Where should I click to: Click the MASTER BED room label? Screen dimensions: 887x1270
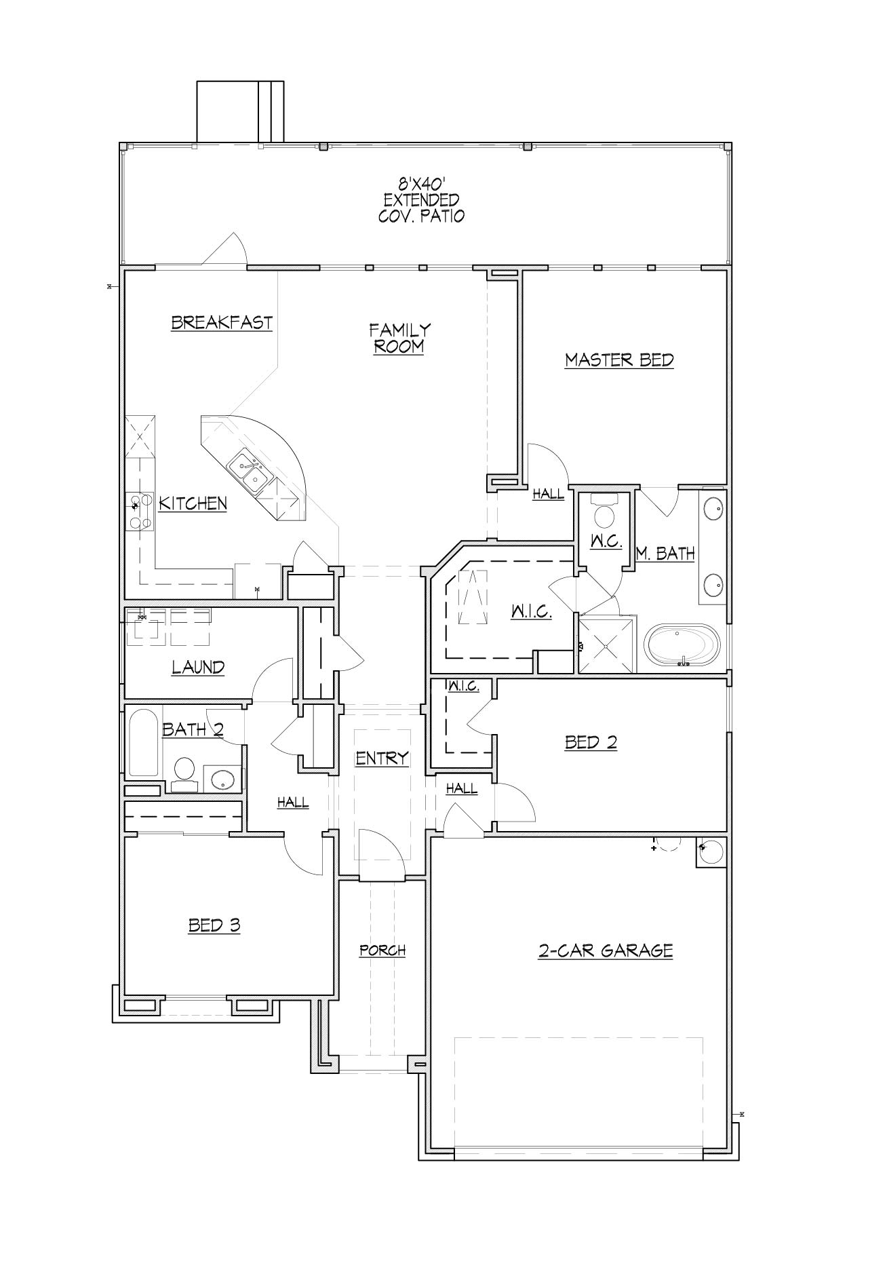(619, 360)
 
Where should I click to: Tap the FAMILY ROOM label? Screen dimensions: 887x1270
(399, 338)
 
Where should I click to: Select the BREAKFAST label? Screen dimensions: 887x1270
(222, 322)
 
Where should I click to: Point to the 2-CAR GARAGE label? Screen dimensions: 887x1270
(606, 950)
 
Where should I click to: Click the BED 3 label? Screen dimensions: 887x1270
(214, 925)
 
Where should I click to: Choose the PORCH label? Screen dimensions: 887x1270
(382, 950)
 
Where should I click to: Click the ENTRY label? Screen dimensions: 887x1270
(382, 758)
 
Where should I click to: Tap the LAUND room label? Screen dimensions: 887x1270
(198, 668)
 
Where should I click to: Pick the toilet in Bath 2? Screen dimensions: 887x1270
(184, 775)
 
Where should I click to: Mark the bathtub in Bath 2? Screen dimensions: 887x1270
(143, 742)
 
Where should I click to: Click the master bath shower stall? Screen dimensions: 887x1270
(606, 644)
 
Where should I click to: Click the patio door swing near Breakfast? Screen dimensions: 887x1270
(224, 249)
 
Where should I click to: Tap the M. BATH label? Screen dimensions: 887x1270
(665, 554)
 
